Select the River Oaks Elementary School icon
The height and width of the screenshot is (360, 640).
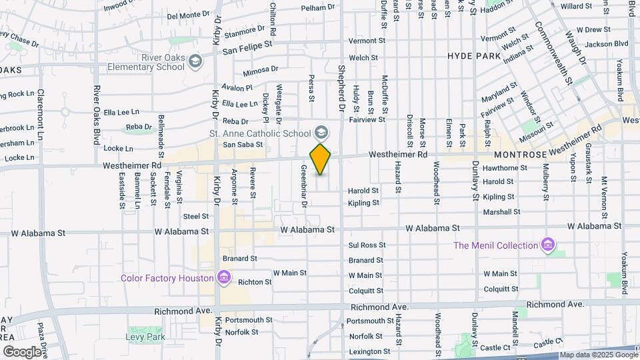point(195,62)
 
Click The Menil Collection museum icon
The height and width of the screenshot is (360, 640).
point(548,245)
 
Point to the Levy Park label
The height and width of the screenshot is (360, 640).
point(145,337)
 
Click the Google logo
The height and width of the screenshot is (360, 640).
point(22,351)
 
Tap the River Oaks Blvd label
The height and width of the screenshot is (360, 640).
point(97,106)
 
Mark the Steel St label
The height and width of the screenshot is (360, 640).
point(196,216)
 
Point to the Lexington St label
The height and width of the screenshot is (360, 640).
point(369,351)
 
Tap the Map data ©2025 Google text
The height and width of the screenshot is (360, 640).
point(598,355)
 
